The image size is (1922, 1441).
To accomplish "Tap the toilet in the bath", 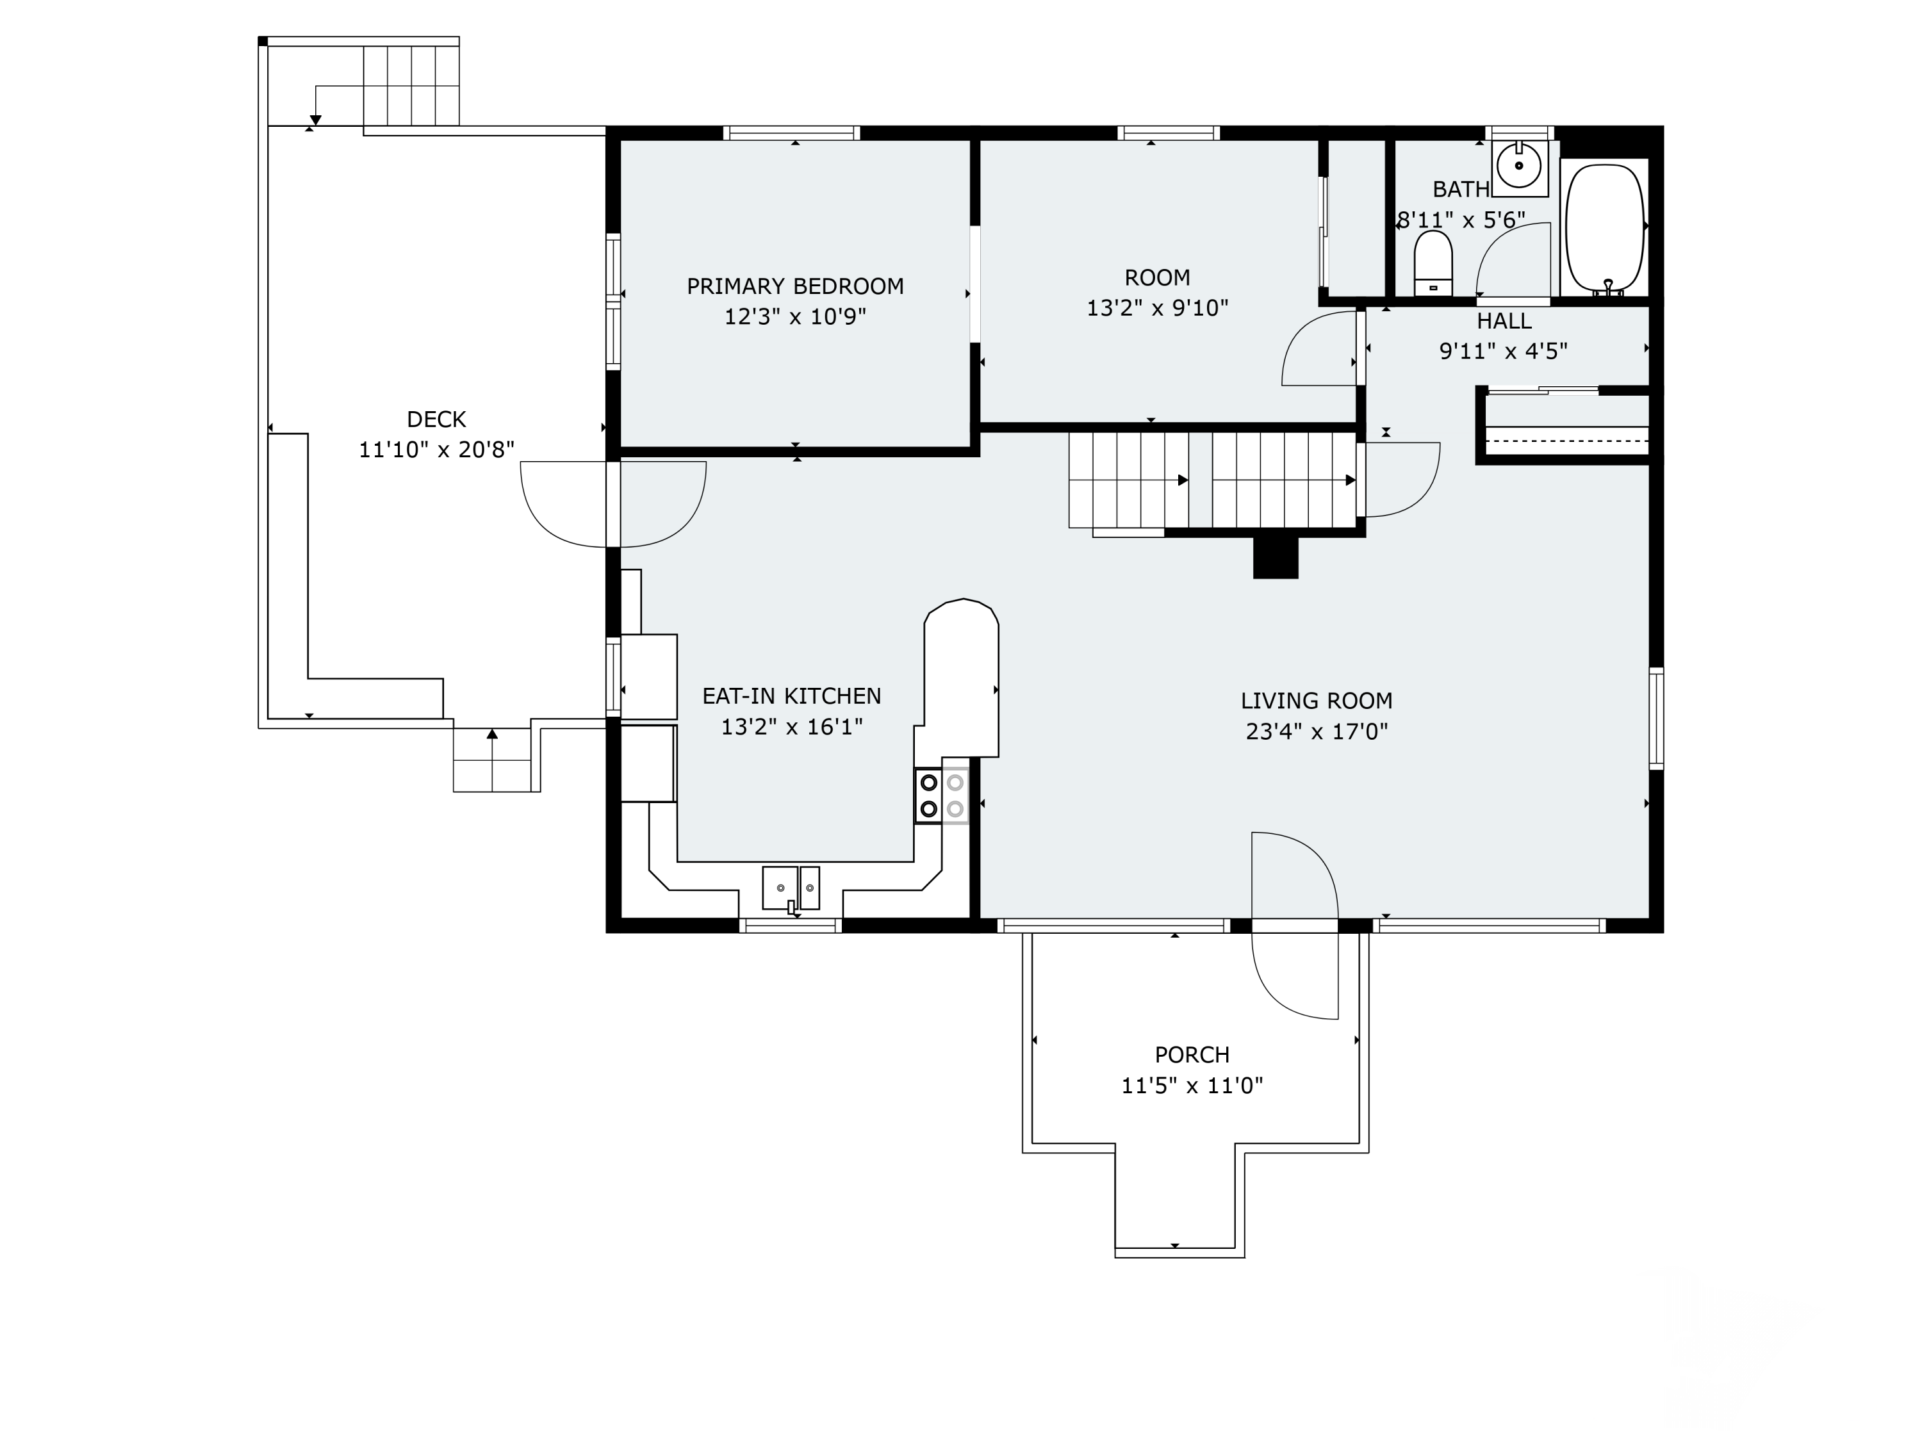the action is (1433, 263).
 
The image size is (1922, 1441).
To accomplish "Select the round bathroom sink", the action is (1519, 166).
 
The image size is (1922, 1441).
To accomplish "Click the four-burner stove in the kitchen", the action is (942, 795).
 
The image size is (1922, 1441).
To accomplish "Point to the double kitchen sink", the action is (791, 888).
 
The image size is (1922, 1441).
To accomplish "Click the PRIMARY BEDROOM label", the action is (795, 286).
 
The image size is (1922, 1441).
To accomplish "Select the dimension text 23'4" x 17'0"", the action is (1317, 731).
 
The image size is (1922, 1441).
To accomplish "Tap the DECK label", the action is (436, 419).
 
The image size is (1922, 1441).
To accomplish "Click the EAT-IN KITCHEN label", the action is (792, 696).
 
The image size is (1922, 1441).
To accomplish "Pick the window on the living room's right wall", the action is (1656, 719).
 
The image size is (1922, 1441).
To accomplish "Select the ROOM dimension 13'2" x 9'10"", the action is (1158, 307).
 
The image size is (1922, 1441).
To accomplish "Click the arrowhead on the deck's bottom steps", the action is (492, 734).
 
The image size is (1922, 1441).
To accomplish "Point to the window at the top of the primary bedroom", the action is (792, 133).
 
